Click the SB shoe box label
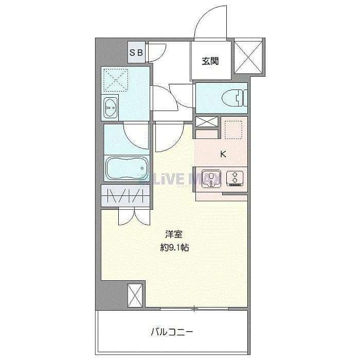pos(136,52)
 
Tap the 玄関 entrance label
pos(210,61)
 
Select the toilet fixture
pos(235,98)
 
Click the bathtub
pos(127,168)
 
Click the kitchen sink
pos(211,178)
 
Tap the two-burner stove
pos(235,178)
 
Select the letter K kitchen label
pos(223,154)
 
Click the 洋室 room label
pos(174,234)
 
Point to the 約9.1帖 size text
pos(174,247)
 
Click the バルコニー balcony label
pos(172,332)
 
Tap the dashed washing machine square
pos(116,80)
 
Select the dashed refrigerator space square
pos(233,130)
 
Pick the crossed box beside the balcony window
pos(135,296)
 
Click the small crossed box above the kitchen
pos(206,122)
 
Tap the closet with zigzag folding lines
pos(125,195)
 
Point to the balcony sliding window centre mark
pos(194,309)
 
